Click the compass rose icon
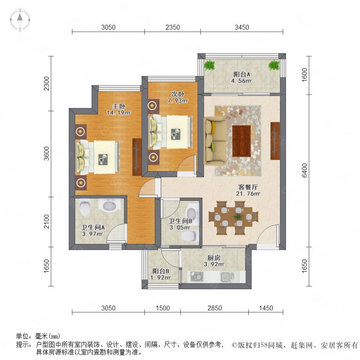pos(20,20)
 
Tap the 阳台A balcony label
pos(242,74)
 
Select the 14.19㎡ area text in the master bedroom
pos(118,113)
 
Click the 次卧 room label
pos(178,94)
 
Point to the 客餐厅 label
pos(248,187)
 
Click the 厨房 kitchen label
pos(214,258)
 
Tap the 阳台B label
pos(161,271)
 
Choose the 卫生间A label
pos(93,228)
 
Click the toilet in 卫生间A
pos(84,207)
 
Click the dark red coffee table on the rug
pos(241,141)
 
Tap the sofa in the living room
pos(214,141)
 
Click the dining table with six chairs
pos(233,218)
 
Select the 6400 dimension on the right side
pos(304,170)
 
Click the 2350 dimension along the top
pos(173,27)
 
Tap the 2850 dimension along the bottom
pos(215,308)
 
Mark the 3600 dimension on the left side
pos(46,153)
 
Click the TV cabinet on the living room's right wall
pos(275,141)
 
